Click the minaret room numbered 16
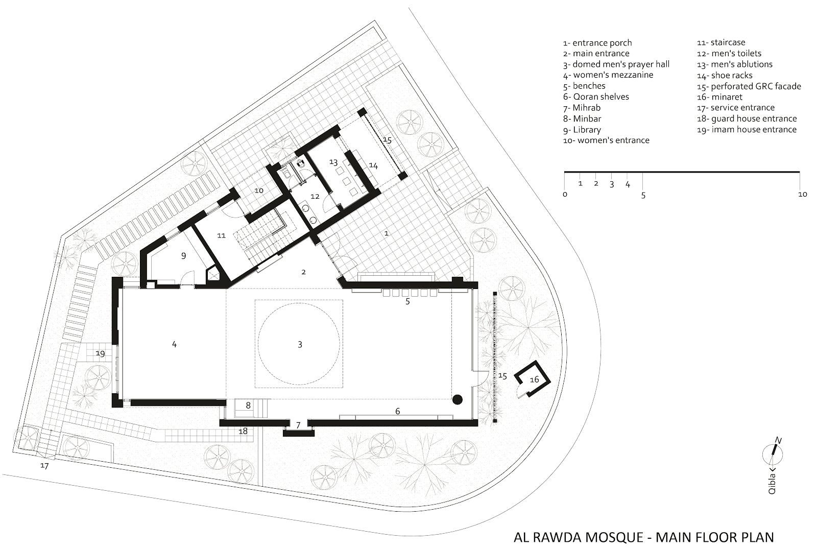pyautogui.click(x=533, y=379)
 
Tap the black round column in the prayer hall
pyautogui.click(x=458, y=400)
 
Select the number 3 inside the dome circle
pyautogui.click(x=300, y=344)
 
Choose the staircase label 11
pyautogui.click(x=222, y=235)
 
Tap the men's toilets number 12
pyautogui.click(x=315, y=197)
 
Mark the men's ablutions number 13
pyautogui.click(x=333, y=162)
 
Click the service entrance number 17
pyautogui.click(x=44, y=466)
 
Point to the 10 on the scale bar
pyautogui.click(x=802, y=195)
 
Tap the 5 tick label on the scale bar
pyautogui.click(x=643, y=196)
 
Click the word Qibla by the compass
pyautogui.click(x=772, y=484)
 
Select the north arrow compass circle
pyautogui.click(x=773, y=456)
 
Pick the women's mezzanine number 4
pyautogui.click(x=174, y=344)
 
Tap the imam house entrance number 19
pyautogui.click(x=100, y=353)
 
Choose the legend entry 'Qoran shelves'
pyautogui.click(x=596, y=97)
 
